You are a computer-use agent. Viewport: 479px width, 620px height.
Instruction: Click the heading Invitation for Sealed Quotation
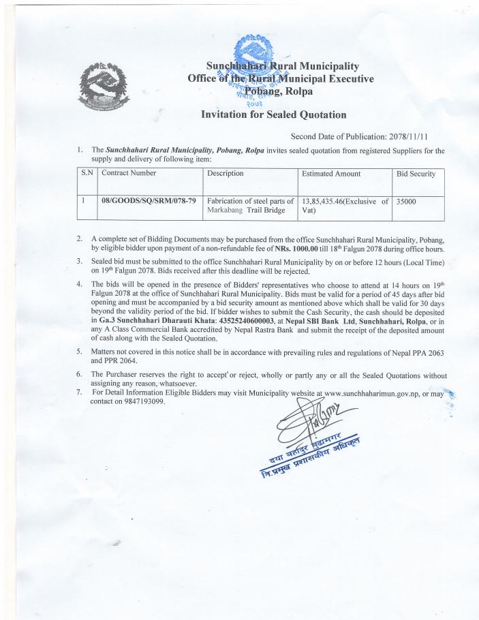click(273, 115)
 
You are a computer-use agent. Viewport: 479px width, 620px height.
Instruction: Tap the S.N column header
click(87, 174)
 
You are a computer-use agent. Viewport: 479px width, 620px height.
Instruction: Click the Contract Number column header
click(129, 174)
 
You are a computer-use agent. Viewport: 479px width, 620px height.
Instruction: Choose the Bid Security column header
click(416, 174)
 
